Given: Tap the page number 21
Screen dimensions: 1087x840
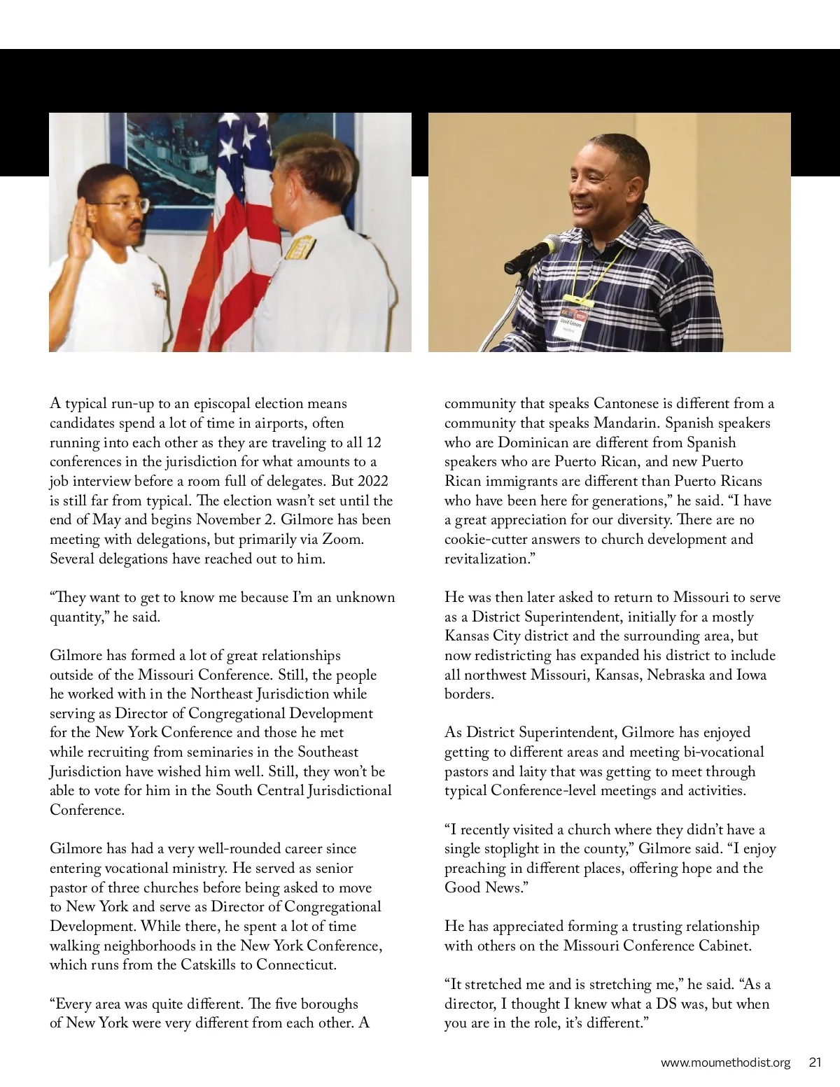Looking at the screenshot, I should [x=814, y=1063].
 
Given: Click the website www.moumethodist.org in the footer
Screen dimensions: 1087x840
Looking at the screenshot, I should [x=725, y=1063].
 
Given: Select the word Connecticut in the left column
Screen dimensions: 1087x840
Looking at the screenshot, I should [x=296, y=965].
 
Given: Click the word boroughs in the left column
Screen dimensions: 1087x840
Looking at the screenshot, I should [x=325, y=1004].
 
